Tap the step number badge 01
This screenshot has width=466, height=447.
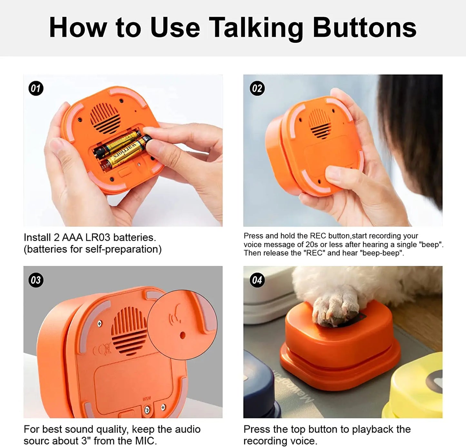(x=36, y=89)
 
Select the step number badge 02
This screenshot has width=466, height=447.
(x=257, y=89)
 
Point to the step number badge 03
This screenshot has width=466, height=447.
(x=36, y=280)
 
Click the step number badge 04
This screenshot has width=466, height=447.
(x=257, y=280)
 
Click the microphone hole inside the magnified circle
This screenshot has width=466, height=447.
(x=183, y=335)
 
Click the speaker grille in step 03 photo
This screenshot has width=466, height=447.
(x=129, y=331)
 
